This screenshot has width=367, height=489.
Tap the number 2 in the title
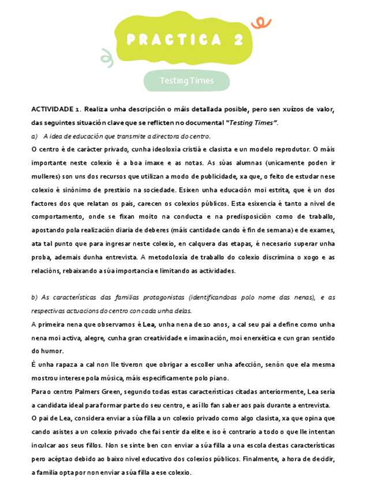pyautogui.click(x=238, y=40)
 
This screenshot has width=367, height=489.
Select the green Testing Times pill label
pyautogui.click(x=186, y=81)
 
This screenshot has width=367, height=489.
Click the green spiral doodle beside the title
pyautogui.click(x=106, y=56)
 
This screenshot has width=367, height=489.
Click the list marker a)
pyautogui.click(x=35, y=136)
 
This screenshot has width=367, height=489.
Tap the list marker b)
pyautogui.click(x=35, y=298)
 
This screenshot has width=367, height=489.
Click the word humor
pyautogui.click(x=53, y=351)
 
